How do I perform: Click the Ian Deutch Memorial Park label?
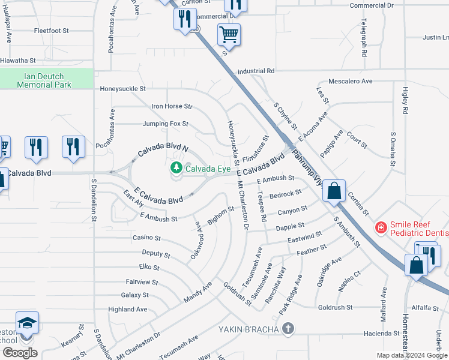tap(44, 80)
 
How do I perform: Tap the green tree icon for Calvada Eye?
tap(176, 167)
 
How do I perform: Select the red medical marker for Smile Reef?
tap(380, 227)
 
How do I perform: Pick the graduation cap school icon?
tap(27, 323)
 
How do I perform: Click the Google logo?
tap(20, 353)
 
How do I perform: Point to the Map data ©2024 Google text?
tap(411, 355)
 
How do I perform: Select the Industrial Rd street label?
tap(256, 71)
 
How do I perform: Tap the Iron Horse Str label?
tap(172, 106)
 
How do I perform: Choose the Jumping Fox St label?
tap(166, 124)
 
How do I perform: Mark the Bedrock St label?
tap(286, 194)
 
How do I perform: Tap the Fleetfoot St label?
tap(52, 30)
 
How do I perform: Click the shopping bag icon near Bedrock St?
tap(335, 191)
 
